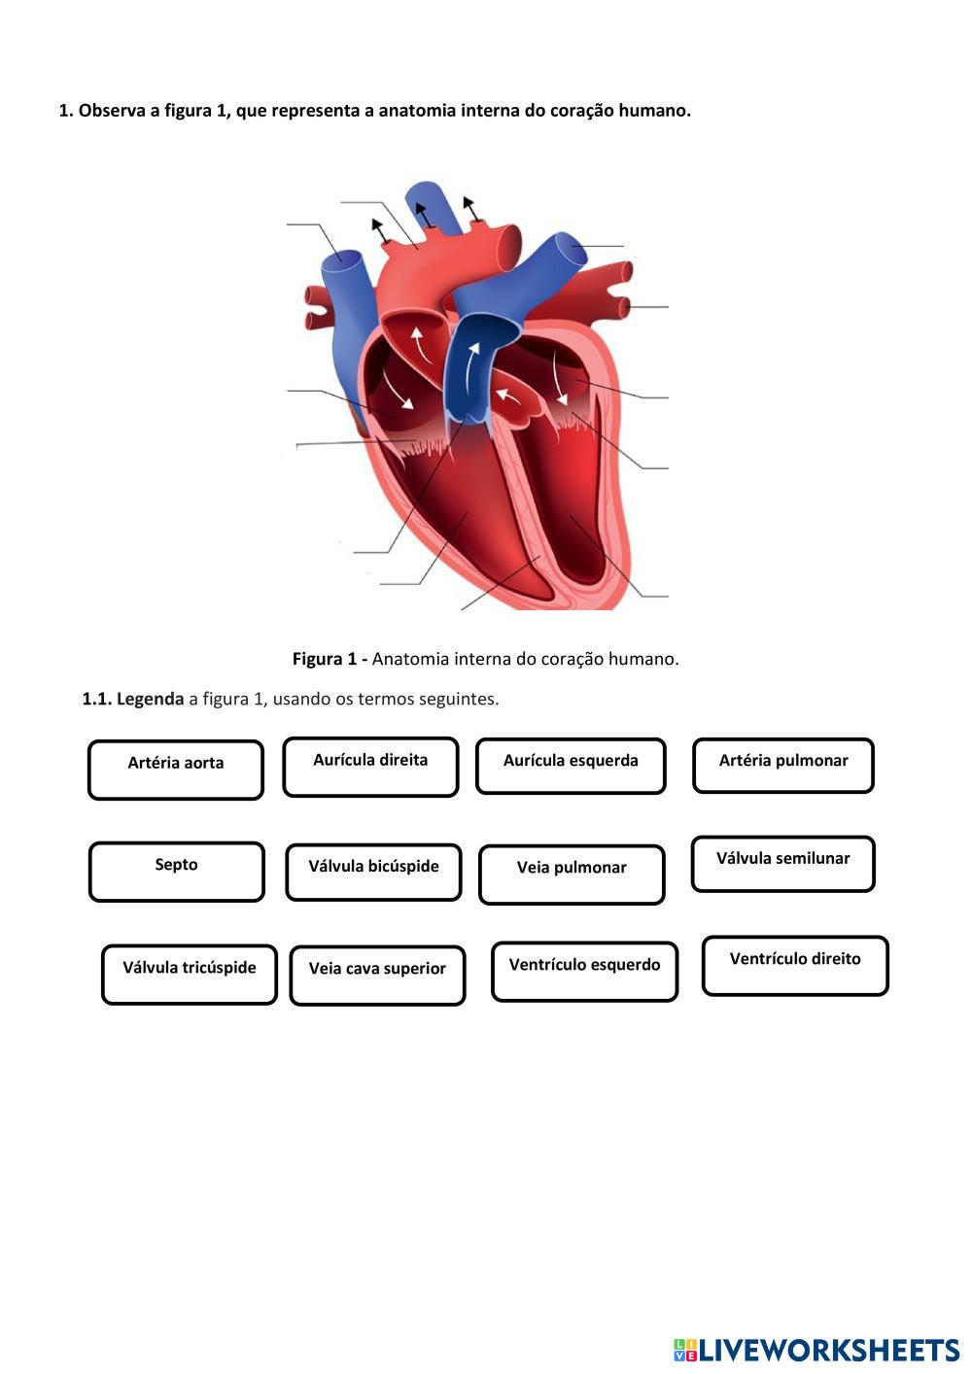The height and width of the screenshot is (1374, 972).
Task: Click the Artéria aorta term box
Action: coord(176,770)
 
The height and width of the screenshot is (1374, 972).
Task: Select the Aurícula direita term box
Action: coord(370,767)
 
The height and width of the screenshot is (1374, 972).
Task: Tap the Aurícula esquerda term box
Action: coord(571,766)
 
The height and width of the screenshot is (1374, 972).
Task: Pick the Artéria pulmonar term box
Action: coord(783,765)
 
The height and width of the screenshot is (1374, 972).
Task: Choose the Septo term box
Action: coord(176,872)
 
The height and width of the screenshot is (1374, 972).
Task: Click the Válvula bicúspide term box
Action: coord(373,872)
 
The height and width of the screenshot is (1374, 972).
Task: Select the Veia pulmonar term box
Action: coord(572,874)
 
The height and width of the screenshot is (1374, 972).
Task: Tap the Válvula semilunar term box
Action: coord(783,864)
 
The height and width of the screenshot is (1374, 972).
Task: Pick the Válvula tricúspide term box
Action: coord(190,974)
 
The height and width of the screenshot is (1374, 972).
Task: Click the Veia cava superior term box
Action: coord(377,975)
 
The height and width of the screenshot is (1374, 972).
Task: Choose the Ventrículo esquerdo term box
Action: coord(584,971)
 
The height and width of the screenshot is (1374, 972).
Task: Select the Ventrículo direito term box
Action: coord(795,965)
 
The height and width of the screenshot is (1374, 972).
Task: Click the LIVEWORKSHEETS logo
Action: coord(816,1350)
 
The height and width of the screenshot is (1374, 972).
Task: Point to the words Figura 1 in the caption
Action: coord(325,659)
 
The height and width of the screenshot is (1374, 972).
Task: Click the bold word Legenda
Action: coord(150,699)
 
